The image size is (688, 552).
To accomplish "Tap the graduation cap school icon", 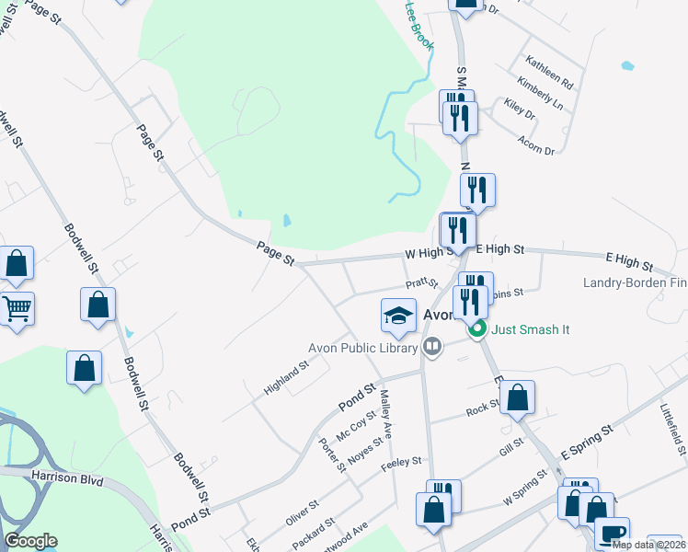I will click(397, 316).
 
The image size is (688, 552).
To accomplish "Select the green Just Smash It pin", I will click(476, 328).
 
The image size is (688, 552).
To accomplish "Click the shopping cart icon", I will click(17, 309).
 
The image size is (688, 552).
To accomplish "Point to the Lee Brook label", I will click(419, 25).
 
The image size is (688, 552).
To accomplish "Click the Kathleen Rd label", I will click(549, 73).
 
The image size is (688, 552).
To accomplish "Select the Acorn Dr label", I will click(536, 145).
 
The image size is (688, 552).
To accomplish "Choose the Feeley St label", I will click(401, 461).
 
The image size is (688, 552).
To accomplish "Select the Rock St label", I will click(482, 408).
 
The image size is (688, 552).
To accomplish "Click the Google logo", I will click(30, 541).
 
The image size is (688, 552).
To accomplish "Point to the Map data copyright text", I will click(648, 545).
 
